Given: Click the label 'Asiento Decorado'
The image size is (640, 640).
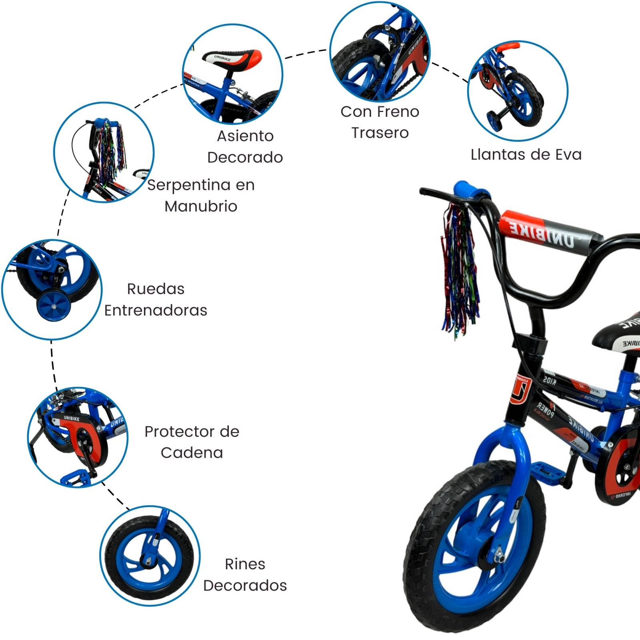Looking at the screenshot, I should point(245,146).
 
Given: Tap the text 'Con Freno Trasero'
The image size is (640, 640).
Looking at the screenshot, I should point(380,122).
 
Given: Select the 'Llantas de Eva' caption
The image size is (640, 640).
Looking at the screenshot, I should point(526,154).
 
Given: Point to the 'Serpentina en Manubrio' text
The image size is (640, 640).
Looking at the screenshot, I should point(201,195).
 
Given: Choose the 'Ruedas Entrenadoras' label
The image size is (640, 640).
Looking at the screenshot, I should point(156,299).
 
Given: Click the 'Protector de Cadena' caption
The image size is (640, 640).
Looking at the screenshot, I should point(192,442).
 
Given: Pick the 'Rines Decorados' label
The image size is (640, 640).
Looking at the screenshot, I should point(245,574).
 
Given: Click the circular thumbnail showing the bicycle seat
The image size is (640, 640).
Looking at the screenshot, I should point(232,74).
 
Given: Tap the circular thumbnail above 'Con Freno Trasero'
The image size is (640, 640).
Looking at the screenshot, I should point(380,52).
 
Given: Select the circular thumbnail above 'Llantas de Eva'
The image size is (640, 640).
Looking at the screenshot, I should point(518,91).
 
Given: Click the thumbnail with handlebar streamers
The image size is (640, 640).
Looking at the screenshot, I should point(104,152).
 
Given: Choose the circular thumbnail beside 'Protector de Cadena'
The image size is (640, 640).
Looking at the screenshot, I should point(78,437).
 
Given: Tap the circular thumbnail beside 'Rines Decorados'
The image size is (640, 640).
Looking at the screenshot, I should point(150,556).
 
